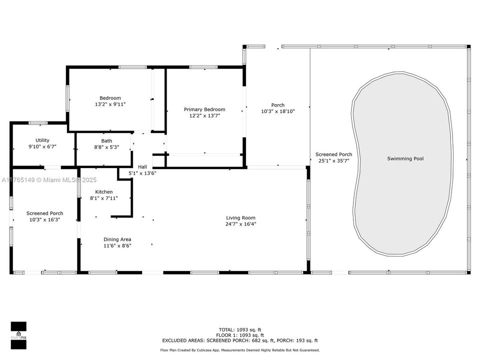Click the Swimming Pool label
(405, 158)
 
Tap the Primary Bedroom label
(204, 109)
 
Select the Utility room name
(42, 140)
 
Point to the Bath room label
(106, 141)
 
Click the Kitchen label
(104, 192)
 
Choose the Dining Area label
(117, 239)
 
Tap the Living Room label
(240, 217)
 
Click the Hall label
(142, 167)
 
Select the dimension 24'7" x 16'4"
(240, 224)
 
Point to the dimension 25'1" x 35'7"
(333, 160)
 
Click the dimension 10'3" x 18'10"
(277, 111)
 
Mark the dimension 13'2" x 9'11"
(110, 104)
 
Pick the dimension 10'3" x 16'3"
(44, 219)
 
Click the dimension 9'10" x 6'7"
(42, 146)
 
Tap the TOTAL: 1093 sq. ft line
(240, 329)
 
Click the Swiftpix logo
(18, 335)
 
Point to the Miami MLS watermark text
(49, 180)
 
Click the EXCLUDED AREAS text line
(240, 340)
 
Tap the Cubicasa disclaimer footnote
(240, 350)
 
